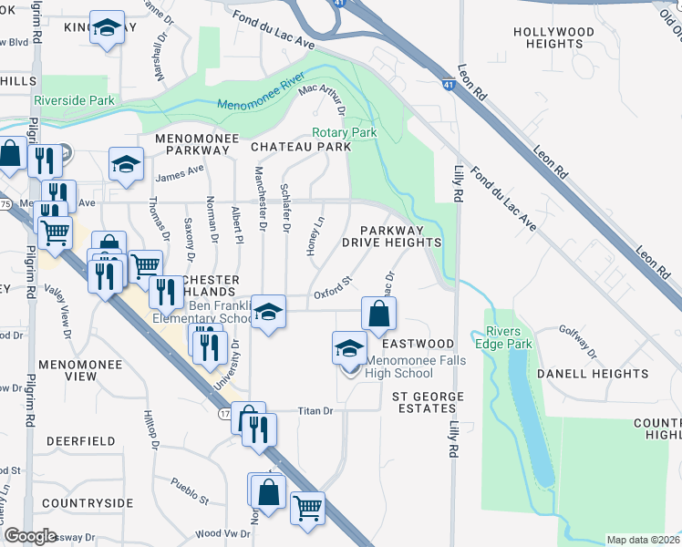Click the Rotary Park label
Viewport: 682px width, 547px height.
point(344,132)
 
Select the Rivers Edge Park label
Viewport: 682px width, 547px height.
point(509,337)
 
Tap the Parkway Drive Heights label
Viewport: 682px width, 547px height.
point(392,237)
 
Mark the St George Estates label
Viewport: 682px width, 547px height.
point(428,404)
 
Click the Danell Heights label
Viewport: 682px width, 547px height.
point(593,374)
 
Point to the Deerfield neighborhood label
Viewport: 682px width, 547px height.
point(80,441)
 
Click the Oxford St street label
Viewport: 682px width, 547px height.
point(333,291)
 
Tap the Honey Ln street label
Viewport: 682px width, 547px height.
point(319,235)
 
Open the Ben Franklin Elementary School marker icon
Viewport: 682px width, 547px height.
point(267,312)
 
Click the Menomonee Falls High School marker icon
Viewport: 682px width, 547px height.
point(347,347)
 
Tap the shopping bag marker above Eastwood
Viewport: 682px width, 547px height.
point(379,313)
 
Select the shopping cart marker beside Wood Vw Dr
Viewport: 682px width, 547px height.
point(308,507)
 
